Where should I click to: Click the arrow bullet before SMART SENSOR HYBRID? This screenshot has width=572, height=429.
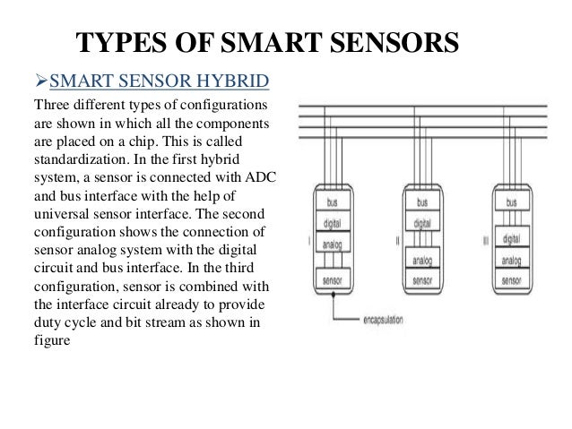tap(39, 83)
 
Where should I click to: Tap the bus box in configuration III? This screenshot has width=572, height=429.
tap(511, 203)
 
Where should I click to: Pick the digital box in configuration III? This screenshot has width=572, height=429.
tap(511, 239)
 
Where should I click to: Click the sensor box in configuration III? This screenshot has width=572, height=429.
tap(511, 279)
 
